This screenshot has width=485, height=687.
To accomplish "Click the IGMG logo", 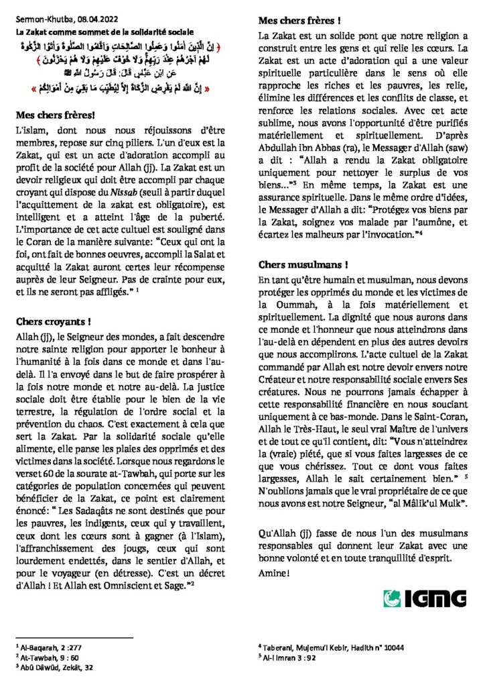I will [x=424, y=597].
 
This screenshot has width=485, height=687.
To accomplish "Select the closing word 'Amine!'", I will [x=275, y=572].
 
